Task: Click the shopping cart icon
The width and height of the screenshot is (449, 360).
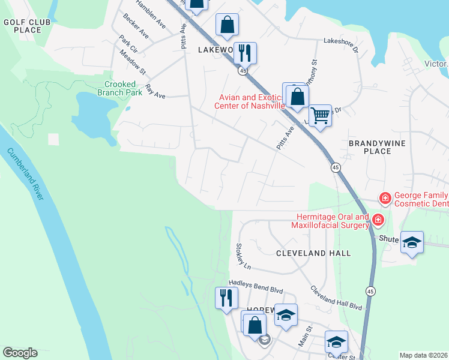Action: [x=321, y=115]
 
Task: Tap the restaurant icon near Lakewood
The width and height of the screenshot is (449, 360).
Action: [x=245, y=52]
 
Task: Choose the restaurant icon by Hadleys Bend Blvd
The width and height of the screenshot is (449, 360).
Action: [x=226, y=297]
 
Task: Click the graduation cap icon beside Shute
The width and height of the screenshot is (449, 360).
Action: [x=412, y=242]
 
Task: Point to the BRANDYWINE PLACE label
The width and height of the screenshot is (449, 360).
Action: [x=378, y=147]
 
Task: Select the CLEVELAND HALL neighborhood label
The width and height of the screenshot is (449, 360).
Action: [x=313, y=253]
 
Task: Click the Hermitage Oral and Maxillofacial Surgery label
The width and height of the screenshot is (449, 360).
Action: [x=330, y=221]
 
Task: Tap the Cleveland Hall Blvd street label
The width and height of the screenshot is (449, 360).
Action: [x=336, y=297]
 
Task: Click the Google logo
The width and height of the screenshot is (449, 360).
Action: [x=20, y=353]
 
